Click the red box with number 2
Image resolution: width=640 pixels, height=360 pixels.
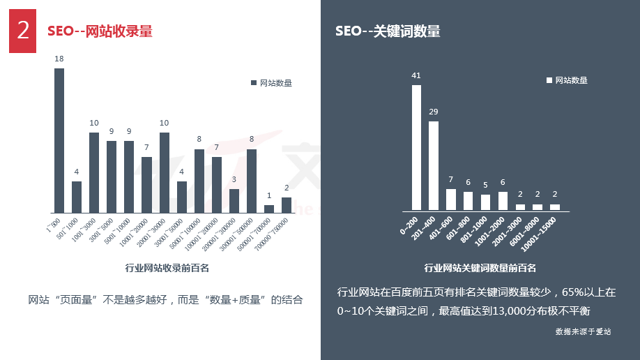click(23, 31)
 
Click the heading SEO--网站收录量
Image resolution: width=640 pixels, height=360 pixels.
click(100, 31)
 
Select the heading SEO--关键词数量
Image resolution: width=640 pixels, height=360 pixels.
click(388, 31)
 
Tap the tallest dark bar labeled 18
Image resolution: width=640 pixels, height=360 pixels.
click(59, 140)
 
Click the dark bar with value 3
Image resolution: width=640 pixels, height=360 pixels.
click(234, 201)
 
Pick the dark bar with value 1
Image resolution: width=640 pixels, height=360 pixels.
click(269, 209)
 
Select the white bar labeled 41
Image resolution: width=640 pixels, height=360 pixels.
click(416, 147)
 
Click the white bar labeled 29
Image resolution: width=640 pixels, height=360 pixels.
click(434, 165)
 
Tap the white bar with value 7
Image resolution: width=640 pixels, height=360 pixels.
click(451, 200)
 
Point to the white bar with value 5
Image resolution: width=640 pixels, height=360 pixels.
click(485, 202)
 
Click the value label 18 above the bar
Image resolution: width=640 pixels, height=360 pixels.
click(59, 59)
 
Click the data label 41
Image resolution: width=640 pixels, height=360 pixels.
click(416, 75)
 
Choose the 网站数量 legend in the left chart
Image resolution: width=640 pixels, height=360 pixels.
click(271, 83)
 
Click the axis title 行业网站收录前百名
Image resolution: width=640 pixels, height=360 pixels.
click(167, 267)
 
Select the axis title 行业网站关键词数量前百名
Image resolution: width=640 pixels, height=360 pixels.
click(480, 268)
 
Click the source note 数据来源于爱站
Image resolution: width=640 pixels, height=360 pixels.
click(583, 331)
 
